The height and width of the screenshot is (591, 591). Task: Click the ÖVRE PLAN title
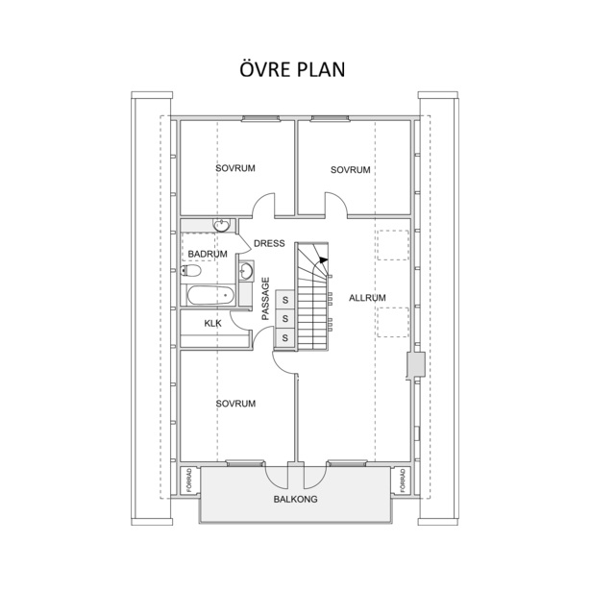point(292,69)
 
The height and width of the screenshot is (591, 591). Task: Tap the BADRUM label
point(208,254)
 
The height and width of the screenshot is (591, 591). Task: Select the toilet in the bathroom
point(190,270)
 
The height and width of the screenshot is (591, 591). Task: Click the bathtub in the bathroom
point(210,296)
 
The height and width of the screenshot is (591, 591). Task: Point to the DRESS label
point(269,243)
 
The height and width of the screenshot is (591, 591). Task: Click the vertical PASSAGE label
point(266,299)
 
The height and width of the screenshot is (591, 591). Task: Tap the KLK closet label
point(213,324)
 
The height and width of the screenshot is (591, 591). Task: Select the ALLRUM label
point(367,298)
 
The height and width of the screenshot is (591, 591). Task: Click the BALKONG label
point(296,499)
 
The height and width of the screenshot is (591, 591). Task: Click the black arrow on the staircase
point(322,259)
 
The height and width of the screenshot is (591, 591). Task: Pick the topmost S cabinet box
point(285,300)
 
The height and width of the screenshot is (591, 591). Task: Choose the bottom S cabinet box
point(285,337)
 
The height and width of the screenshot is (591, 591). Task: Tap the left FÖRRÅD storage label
point(189,480)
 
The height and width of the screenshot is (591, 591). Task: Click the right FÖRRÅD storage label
point(403,480)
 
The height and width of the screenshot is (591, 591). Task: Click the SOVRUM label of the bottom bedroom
point(236,404)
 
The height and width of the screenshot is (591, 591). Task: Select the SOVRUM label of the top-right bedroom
point(351,170)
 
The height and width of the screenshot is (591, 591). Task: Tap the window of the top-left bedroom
point(260,119)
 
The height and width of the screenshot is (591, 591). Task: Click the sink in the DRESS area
point(246,270)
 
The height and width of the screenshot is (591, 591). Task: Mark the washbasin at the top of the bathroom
point(221,225)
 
